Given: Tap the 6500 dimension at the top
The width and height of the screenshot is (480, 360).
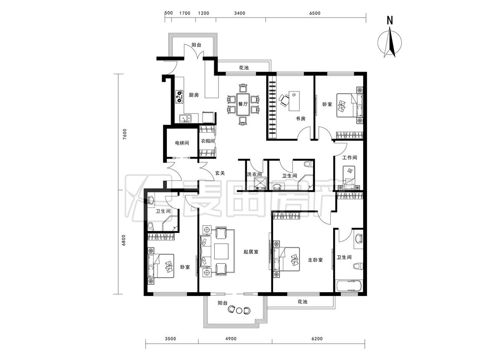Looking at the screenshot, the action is (315, 13).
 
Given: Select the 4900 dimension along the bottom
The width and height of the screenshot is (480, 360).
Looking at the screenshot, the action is (231, 339).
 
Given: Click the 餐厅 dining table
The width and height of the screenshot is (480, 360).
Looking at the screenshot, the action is (243, 104).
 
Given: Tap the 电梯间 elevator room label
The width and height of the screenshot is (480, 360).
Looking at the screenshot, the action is (182, 143).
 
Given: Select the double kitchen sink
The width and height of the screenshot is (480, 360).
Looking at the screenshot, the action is (185, 118).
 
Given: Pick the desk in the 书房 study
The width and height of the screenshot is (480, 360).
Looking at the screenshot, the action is (294, 101).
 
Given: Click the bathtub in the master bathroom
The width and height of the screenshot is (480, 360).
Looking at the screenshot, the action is (349, 287).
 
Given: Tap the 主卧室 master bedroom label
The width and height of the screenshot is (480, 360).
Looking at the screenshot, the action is (315, 260).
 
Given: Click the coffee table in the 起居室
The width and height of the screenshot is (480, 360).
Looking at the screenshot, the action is (221, 251).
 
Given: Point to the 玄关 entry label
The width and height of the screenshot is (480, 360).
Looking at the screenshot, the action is (220, 173).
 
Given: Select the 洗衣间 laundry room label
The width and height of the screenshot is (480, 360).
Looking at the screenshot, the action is (254, 174).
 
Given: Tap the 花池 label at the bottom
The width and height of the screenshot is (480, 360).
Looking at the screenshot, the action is (302, 302).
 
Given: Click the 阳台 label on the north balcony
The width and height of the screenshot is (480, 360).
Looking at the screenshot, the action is (197, 45).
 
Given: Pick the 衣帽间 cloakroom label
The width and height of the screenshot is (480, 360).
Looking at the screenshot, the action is (207, 141).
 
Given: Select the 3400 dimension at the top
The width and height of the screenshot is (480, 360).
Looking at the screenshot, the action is (240, 13).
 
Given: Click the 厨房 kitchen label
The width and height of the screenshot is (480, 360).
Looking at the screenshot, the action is (194, 95).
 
